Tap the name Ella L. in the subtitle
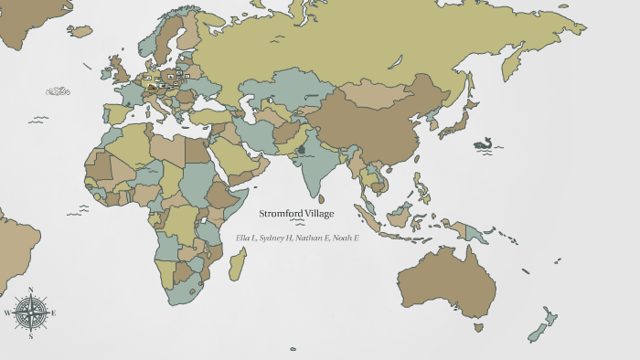point(246,238)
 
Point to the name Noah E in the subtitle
point(346,238)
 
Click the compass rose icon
point(31,314)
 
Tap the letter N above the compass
point(31,291)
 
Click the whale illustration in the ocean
point(483,144)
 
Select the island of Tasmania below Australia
point(476,326)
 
